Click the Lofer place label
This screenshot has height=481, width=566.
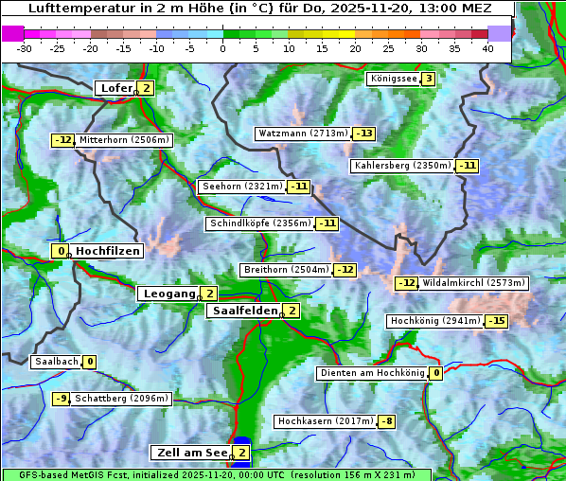point(115,88)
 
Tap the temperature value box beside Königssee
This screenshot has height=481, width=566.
point(428,79)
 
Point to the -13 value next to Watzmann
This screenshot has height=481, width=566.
point(363,134)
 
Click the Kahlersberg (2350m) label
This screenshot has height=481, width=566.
point(402,166)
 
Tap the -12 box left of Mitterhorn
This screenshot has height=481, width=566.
point(62,140)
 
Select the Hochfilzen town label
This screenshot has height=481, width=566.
point(108,251)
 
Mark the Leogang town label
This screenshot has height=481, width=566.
point(169,294)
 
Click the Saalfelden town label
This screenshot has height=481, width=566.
point(245,311)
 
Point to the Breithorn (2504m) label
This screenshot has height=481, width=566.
point(285,270)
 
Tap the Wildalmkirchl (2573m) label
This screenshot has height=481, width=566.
point(473,283)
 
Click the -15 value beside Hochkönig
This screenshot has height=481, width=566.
point(496,321)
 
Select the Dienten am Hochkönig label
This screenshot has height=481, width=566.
point(372,373)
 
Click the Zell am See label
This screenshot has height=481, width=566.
point(190,453)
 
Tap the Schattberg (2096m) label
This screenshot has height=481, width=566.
point(122,399)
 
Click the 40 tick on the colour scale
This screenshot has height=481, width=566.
point(487,48)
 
